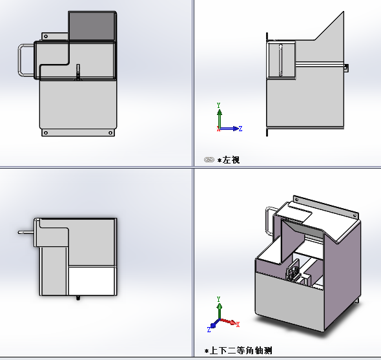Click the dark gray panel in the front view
pyautogui.click(x=92, y=26)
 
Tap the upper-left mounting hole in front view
pyautogui.click(x=45, y=36)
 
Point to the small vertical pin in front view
pyautogui.click(x=77, y=71)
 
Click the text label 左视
pyautogui.click(x=231, y=160)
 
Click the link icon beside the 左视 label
pyautogui.click(x=209, y=159)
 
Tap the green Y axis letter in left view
pyautogui.click(x=220, y=105)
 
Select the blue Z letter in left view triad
pyautogui.click(x=240, y=129)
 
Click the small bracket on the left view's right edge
pyautogui.click(x=346, y=67)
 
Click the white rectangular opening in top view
pyautogui.click(x=92, y=281)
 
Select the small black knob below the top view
pyautogui.click(x=78, y=298)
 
